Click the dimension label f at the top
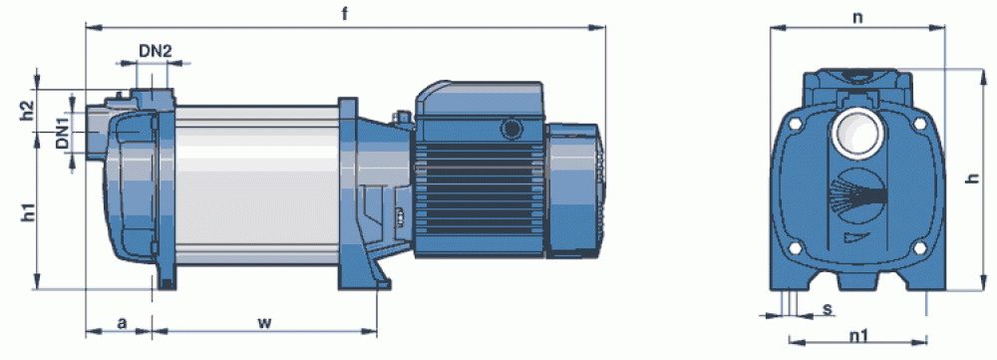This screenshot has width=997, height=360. pyautogui.click(x=344, y=14)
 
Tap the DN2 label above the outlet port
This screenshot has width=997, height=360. pyautogui.click(x=156, y=52)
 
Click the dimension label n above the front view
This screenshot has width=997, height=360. pyautogui.click(x=857, y=17)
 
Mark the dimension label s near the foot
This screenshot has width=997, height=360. pyautogui.click(x=828, y=309)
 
